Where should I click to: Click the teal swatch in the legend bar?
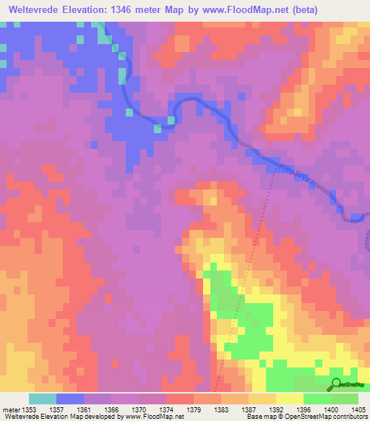[43, 399]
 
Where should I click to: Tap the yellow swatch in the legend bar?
[289, 399]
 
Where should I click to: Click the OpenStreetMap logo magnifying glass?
[335, 384]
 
